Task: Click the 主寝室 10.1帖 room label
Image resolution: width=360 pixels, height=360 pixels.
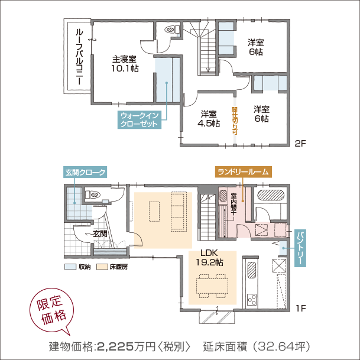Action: (x=125, y=64)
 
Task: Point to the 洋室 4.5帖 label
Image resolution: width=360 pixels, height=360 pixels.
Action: (x=208, y=119)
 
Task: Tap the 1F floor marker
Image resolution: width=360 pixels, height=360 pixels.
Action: (x=300, y=308)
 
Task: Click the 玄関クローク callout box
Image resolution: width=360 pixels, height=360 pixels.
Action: (x=85, y=173)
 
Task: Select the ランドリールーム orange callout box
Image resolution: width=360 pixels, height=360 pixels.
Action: (x=244, y=171)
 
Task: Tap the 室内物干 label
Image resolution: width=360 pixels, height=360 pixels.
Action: (x=233, y=204)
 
